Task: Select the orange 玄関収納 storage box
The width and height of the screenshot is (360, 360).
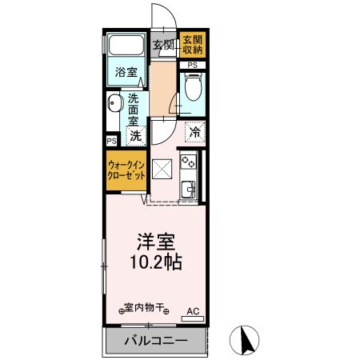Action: click(x=191, y=45)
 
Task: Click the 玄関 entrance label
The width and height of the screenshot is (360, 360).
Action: click(x=163, y=45)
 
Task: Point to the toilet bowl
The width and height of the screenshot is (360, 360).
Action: click(x=192, y=88)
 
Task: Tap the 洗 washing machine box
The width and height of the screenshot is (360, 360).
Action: click(x=136, y=136)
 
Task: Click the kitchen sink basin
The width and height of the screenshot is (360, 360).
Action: click(x=190, y=189)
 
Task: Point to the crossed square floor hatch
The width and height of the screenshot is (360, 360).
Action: click(x=162, y=170)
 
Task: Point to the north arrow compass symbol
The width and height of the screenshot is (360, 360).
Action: click(x=247, y=342)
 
